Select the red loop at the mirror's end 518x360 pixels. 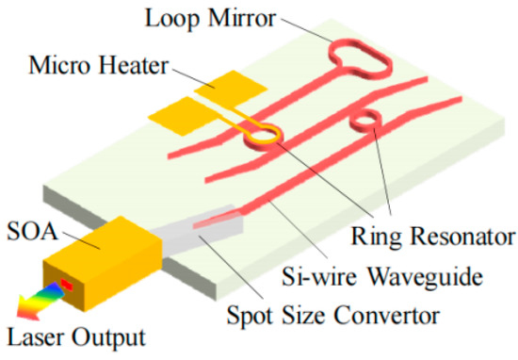[359, 57]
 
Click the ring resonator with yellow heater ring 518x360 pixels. [264, 137]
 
